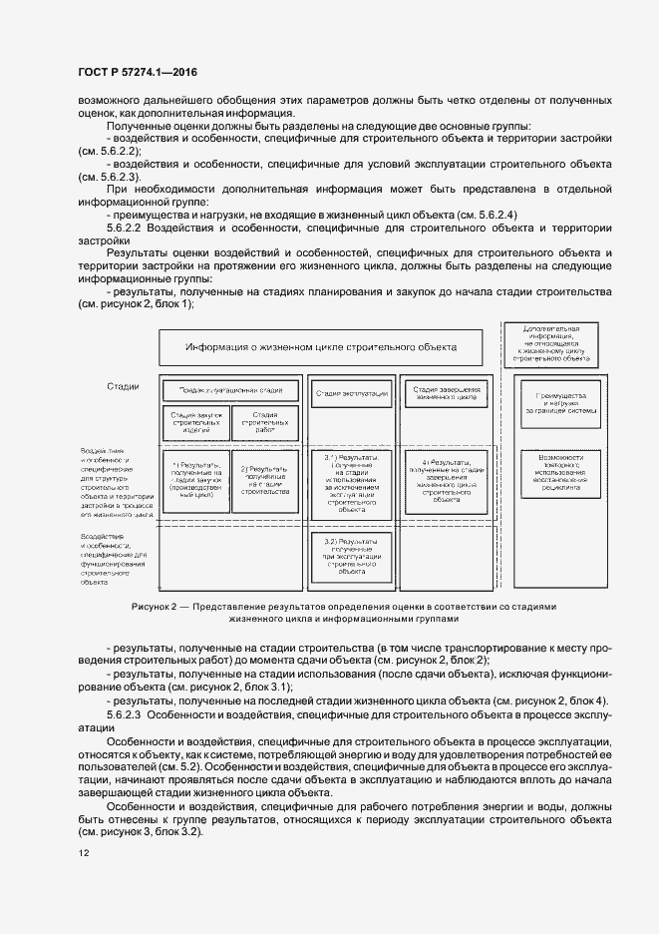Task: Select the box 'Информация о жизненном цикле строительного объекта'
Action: pyautogui.click(x=321, y=347)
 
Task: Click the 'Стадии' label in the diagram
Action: pyautogui.click(x=123, y=387)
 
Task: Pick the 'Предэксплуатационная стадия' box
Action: pyautogui.click(x=231, y=390)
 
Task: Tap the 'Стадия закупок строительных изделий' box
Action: pyautogui.click(x=195, y=422)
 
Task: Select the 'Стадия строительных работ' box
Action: pyautogui.click(x=264, y=422)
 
